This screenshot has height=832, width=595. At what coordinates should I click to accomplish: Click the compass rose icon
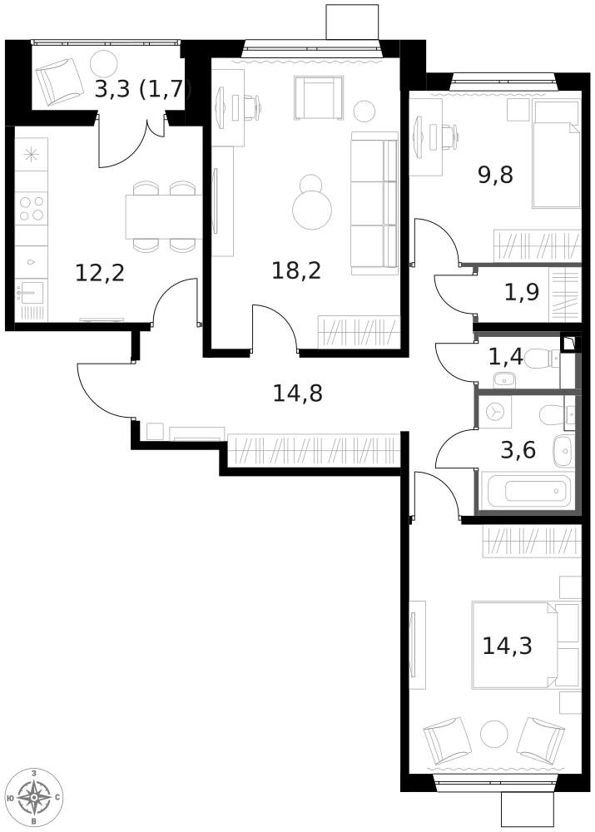(x=34, y=797)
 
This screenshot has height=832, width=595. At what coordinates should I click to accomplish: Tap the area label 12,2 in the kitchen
(x=100, y=273)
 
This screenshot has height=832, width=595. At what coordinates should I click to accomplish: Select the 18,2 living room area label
(x=296, y=270)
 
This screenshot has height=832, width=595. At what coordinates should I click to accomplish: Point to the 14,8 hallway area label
(x=297, y=394)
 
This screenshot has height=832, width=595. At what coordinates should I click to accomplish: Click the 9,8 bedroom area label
(x=496, y=174)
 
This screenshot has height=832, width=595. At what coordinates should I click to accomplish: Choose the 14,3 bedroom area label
(x=507, y=646)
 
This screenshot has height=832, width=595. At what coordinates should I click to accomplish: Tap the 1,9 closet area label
(x=521, y=292)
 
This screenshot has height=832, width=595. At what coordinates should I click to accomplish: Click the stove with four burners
(x=32, y=209)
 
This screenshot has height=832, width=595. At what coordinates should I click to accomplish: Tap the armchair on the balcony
(x=59, y=82)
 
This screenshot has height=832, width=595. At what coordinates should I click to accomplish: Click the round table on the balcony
(x=103, y=62)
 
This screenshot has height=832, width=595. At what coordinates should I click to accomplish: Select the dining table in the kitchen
(x=163, y=216)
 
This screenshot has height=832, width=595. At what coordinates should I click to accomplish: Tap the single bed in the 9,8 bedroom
(x=556, y=154)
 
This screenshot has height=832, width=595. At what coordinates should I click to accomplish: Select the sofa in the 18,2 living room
(x=374, y=203)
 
